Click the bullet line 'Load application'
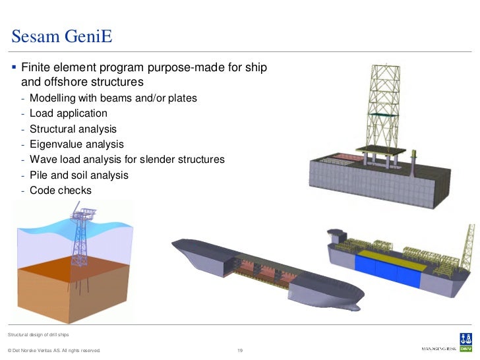coord(68,113)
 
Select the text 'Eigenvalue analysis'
coord(76,144)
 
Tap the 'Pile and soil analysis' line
coord(79,175)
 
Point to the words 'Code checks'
coord(61,191)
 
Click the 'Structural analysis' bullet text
coord(73,129)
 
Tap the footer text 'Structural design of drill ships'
coord(40,336)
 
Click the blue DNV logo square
coord(466,340)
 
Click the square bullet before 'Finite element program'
coord(13,67)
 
